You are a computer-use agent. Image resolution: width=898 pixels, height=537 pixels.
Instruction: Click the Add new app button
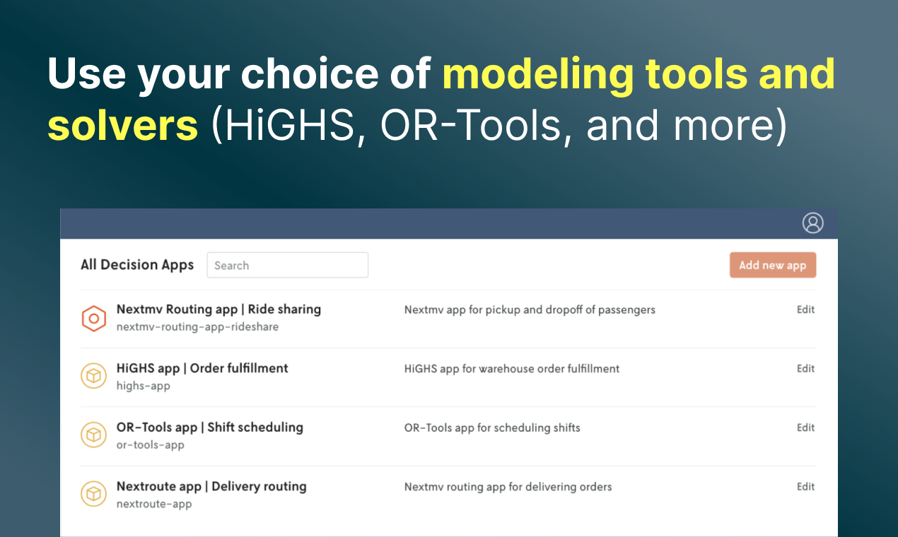[773, 265]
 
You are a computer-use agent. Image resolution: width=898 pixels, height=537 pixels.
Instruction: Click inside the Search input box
[288, 265]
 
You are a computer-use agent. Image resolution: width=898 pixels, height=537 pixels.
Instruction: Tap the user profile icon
[812, 223]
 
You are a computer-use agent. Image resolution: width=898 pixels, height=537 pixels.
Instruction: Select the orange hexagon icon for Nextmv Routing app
[94, 319]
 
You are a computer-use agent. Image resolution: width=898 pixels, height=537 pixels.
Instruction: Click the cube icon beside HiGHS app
[94, 376]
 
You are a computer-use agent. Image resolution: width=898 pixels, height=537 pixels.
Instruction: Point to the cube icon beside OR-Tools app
[94, 435]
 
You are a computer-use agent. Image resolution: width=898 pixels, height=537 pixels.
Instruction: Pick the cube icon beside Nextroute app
[94, 494]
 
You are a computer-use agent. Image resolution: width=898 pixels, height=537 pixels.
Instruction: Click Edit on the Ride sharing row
[805, 309]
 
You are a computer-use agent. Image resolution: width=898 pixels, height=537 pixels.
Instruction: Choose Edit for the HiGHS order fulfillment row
[805, 368]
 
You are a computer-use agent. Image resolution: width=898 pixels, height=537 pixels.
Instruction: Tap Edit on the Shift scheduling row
[805, 427]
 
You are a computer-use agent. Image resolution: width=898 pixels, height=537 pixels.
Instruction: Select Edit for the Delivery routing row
[805, 487]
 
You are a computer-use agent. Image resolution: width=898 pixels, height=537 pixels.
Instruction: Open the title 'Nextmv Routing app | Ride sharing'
[219, 309]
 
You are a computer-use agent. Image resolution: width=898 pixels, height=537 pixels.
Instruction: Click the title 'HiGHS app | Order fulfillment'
[202, 368]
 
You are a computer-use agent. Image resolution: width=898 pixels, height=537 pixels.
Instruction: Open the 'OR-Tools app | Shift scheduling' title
[210, 427]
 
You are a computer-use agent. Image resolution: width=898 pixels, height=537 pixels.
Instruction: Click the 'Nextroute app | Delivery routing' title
[211, 487]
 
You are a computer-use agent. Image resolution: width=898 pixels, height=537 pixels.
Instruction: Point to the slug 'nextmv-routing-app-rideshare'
[198, 327]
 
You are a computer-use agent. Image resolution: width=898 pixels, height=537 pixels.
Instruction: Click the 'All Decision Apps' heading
[137, 265]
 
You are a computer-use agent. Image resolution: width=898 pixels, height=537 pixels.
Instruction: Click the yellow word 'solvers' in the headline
[122, 126]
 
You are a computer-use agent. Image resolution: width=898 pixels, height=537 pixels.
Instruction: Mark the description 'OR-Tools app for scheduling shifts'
[492, 427]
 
